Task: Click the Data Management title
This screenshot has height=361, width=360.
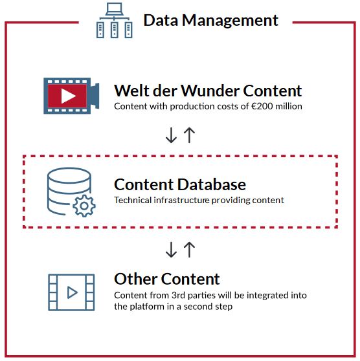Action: point(211,21)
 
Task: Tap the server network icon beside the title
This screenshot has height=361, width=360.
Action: point(115,21)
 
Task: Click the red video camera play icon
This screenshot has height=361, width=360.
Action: point(71,96)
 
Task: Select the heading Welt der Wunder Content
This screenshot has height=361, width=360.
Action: point(208,91)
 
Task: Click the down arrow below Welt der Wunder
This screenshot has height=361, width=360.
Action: point(171,135)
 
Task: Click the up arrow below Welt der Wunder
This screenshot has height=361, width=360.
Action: point(189,135)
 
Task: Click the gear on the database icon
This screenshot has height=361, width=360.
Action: point(84,206)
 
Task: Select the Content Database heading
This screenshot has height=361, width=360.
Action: point(180,184)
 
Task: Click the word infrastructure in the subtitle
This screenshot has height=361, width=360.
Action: point(181,201)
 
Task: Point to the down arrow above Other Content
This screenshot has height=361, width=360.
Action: point(171,250)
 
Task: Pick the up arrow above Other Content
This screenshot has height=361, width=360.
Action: point(189,250)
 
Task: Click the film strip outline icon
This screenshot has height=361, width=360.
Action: point(71,292)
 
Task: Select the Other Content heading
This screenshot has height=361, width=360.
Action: point(167,279)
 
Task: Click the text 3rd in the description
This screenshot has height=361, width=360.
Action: point(179,296)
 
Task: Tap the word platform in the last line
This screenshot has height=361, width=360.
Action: point(150,307)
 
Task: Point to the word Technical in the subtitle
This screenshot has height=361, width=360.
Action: point(133,201)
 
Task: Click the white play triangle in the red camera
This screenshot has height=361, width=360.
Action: point(68,96)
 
